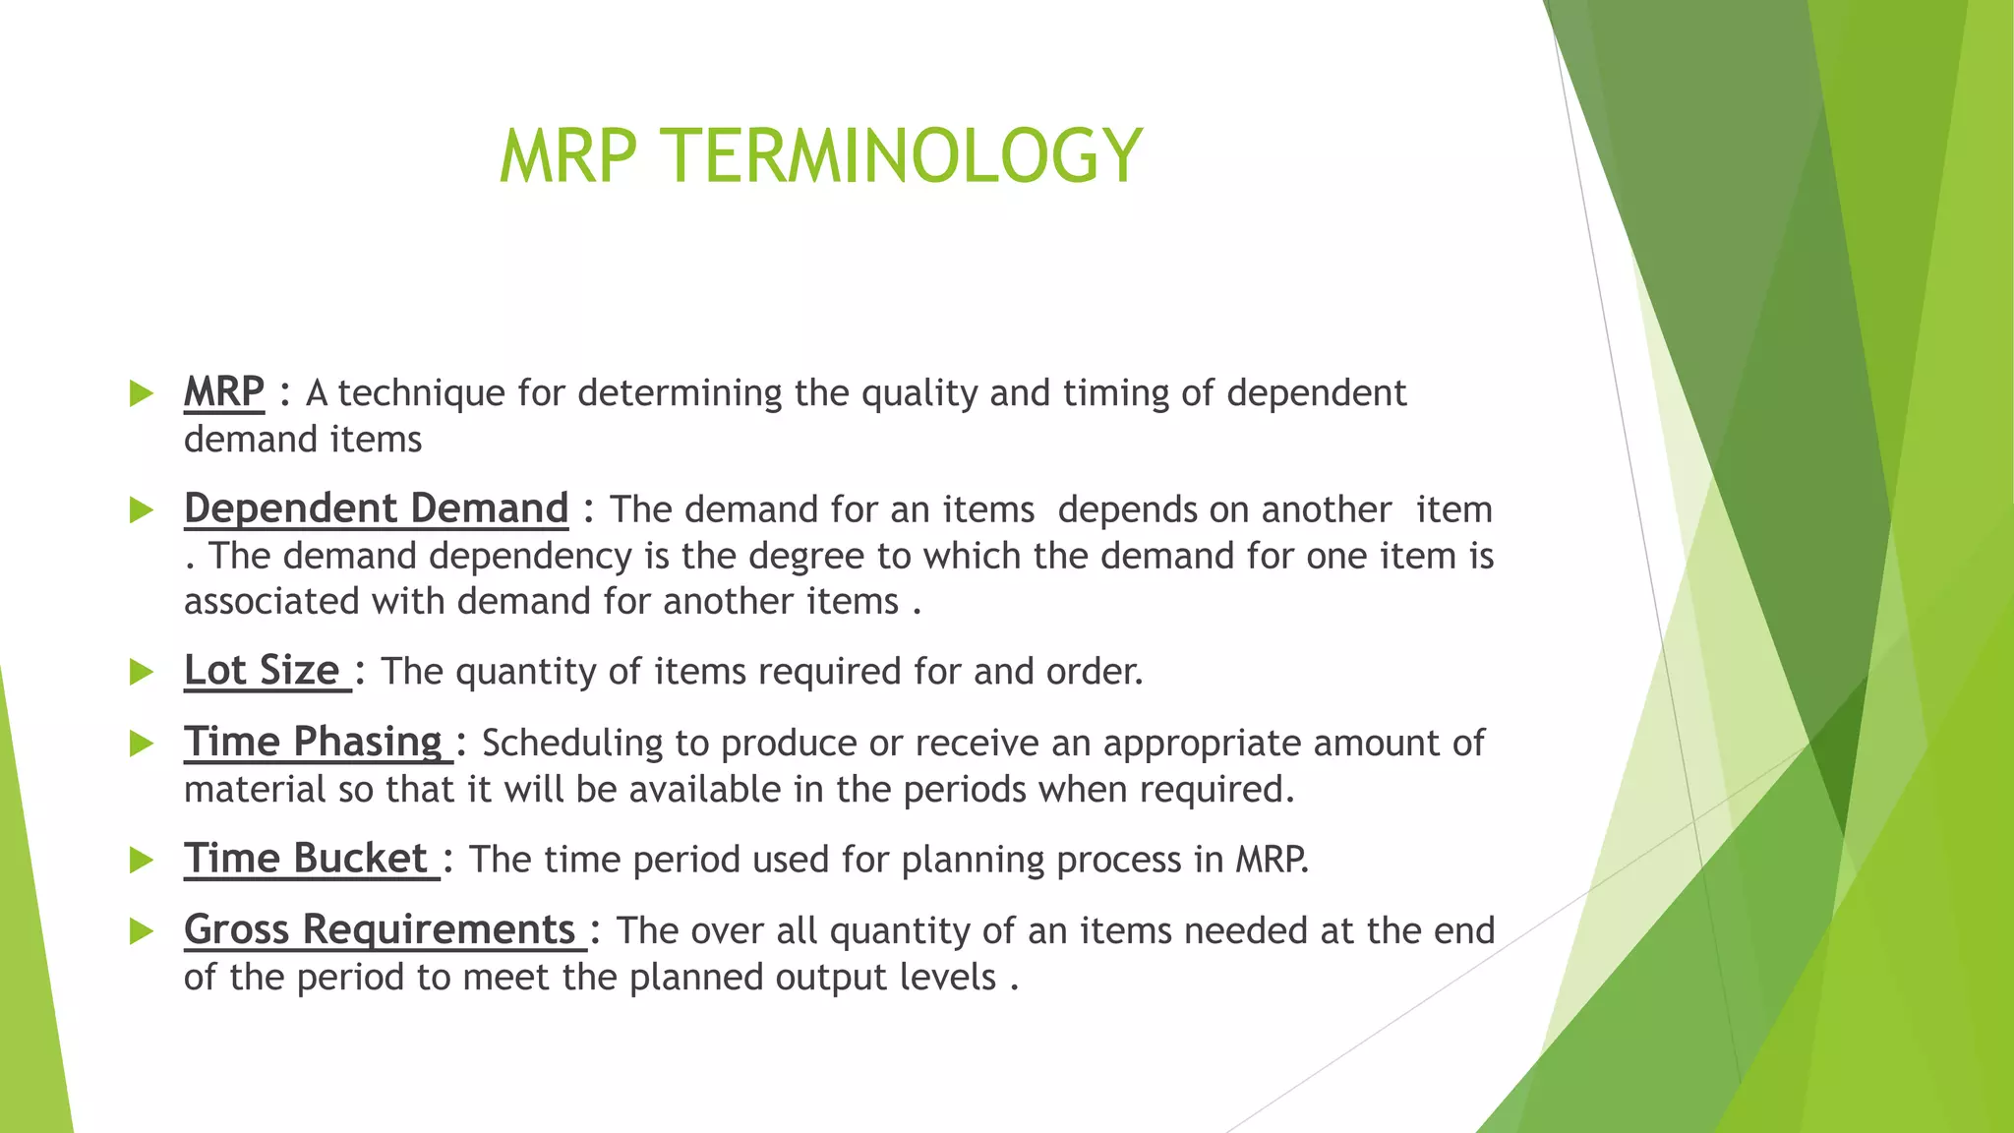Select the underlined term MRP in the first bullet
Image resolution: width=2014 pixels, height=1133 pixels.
tap(224, 392)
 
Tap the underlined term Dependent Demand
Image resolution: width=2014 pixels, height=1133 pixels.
tap(376, 508)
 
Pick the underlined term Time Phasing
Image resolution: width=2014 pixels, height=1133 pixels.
tap(314, 742)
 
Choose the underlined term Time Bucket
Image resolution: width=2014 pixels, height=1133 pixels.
tap(306, 859)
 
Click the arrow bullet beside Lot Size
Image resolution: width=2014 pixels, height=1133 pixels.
tap(142, 672)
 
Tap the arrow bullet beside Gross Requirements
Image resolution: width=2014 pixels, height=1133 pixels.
tap(142, 930)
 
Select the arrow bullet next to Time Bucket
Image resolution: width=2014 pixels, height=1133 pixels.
tap(142, 860)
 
